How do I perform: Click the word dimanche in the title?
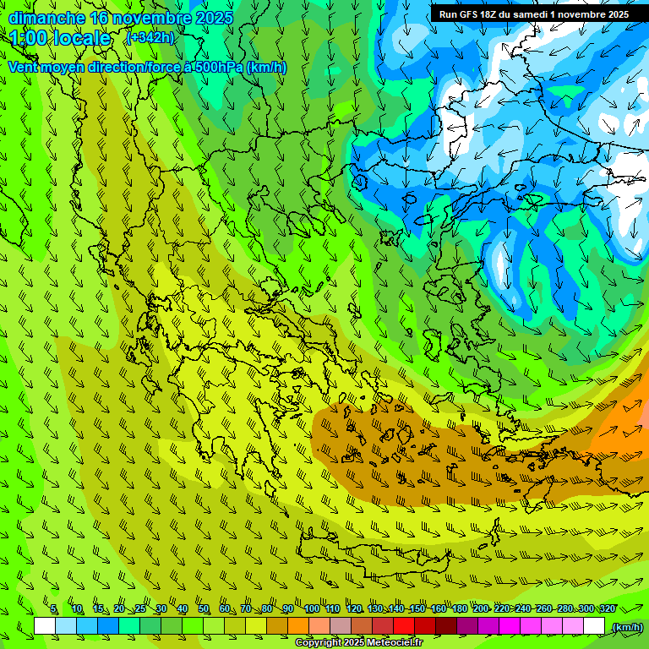[x=46, y=18]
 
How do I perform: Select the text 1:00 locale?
[x=61, y=38]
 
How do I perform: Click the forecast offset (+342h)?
[x=150, y=38]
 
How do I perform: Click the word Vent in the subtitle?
[x=25, y=68]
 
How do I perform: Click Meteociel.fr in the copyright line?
[x=395, y=643]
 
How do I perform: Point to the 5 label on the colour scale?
[x=53, y=609]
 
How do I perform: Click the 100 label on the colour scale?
[x=311, y=609]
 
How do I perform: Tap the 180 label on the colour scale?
[x=459, y=609]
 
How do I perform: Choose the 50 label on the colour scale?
[x=204, y=609]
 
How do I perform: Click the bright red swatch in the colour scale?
[x=404, y=626]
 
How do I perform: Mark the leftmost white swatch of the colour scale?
[x=45, y=626]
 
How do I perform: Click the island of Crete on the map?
[x=372, y=554]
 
